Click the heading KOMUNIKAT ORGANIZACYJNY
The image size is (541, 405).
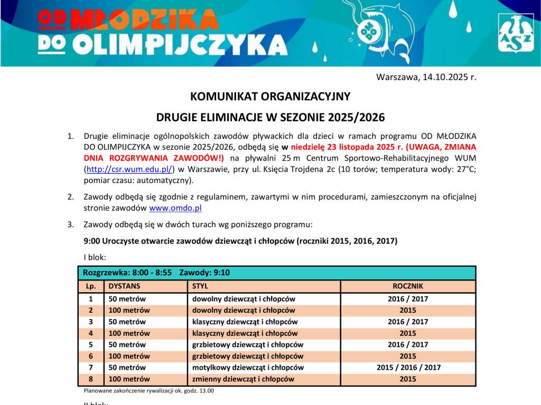tap(270, 97)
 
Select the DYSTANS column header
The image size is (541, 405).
tap(125, 286)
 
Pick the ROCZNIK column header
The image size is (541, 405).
tap(408, 286)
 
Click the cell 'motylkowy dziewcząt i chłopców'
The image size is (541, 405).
tap(247, 368)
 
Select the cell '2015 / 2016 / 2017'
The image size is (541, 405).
tap(408, 368)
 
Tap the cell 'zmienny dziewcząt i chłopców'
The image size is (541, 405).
tap(243, 379)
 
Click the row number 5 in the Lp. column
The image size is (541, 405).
tap(91, 344)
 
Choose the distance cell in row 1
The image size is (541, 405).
tap(127, 298)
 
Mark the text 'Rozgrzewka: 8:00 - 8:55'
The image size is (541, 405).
tap(126, 273)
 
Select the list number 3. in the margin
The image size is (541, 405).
tap(71, 225)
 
